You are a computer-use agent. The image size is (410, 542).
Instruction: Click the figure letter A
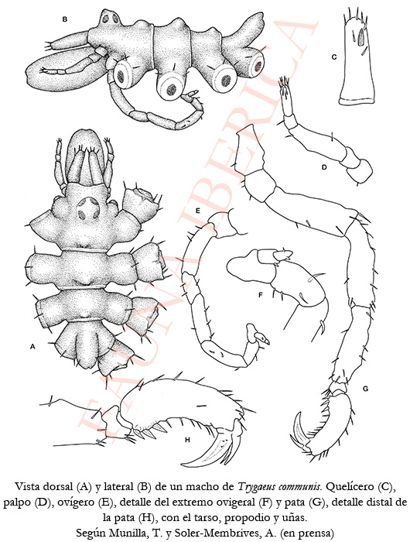(x=32, y=346)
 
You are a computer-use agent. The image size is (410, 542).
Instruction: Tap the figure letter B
(x=64, y=19)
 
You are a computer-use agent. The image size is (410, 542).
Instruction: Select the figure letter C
(x=333, y=57)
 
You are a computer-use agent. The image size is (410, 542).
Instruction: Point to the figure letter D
(x=323, y=168)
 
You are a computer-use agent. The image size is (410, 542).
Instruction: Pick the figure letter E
(x=197, y=210)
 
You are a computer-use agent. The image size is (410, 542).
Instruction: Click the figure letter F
(x=261, y=295)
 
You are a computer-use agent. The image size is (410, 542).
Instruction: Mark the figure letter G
(x=365, y=389)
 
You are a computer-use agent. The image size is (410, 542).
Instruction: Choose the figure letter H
(x=187, y=440)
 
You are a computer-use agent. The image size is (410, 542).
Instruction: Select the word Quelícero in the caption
(x=350, y=487)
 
